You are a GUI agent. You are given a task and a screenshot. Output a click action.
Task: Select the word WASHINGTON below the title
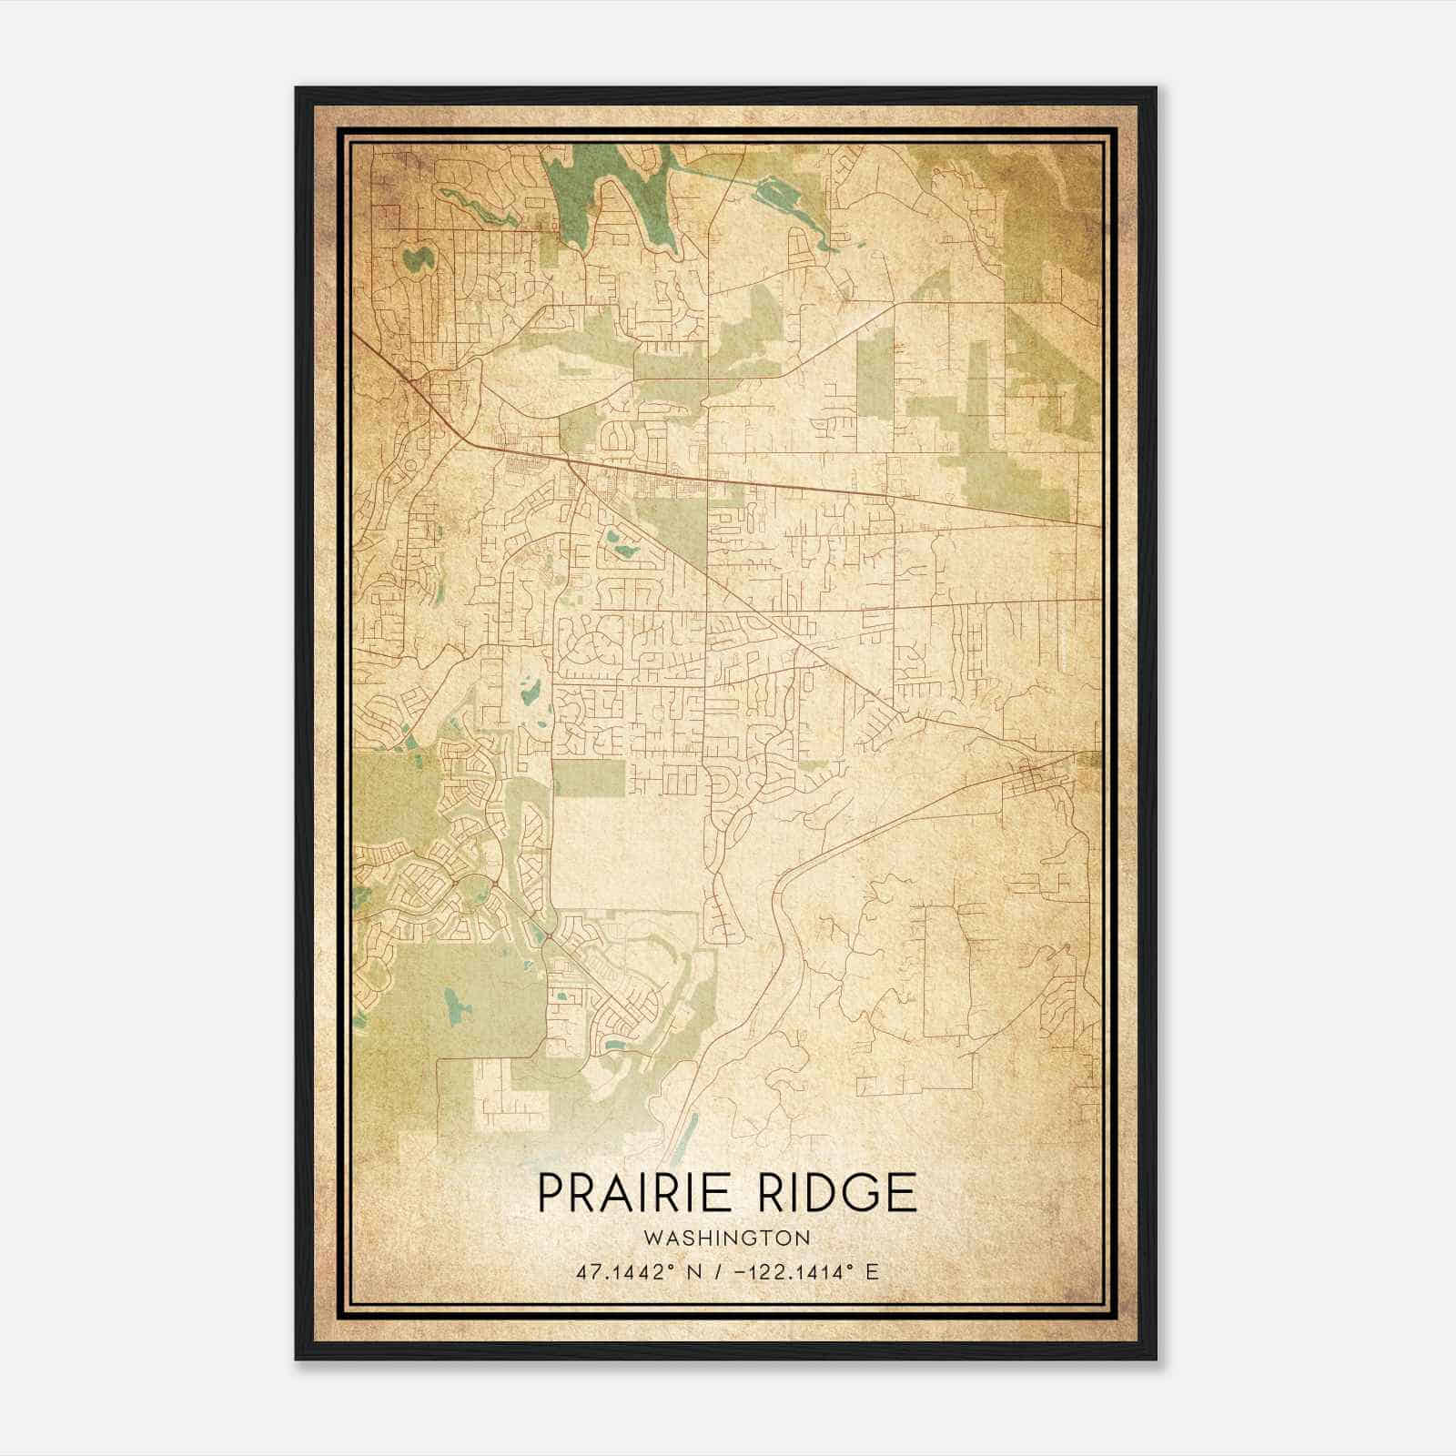pyautogui.click(x=726, y=1239)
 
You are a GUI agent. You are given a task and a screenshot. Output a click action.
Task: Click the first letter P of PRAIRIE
pyautogui.click(x=549, y=1193)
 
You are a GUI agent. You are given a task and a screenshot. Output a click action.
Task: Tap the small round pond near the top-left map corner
pyautogui.click(x=418, y=258)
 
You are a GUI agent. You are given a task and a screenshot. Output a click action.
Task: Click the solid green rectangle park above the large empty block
pyautogui.click(x=589, y=776)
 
